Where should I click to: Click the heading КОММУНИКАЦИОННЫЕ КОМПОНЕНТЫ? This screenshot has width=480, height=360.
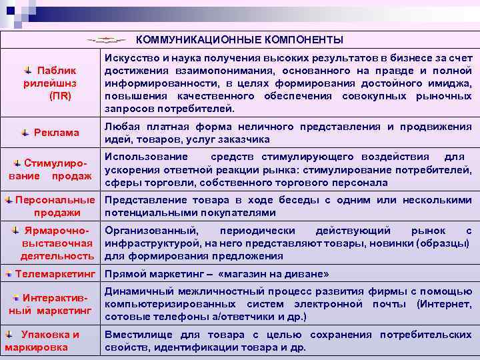(240, 39)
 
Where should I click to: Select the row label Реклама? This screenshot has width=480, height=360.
(57, 133)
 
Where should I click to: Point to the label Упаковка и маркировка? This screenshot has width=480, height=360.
(43, 341)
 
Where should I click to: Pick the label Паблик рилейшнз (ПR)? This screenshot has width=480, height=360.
(56, 83)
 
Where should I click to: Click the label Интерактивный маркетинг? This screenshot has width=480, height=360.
(51, 303)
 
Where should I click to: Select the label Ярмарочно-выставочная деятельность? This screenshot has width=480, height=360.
(56, 243)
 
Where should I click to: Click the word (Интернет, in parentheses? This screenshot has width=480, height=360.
(445, 304)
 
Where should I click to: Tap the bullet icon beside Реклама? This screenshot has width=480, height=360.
(25, 133)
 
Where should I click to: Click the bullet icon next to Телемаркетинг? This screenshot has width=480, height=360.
(8, 274)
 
